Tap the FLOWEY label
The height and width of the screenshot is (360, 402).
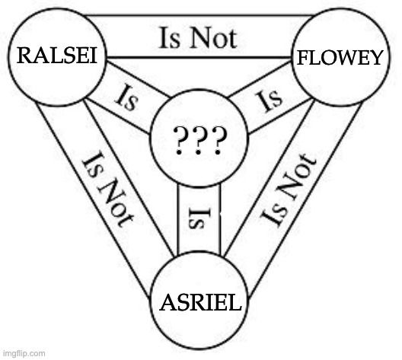tap(339, 57)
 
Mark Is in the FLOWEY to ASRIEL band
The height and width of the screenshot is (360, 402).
tap(306, 164)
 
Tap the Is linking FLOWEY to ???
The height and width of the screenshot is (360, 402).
tap(270, 99)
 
